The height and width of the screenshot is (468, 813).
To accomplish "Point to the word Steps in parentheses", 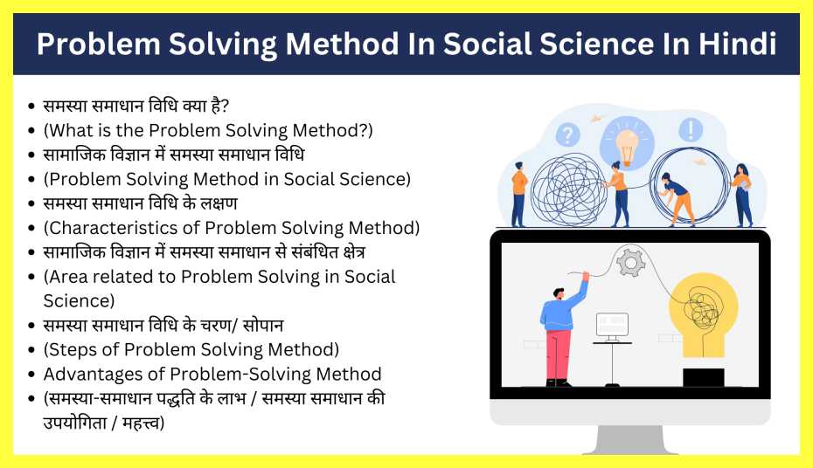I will point(73,350).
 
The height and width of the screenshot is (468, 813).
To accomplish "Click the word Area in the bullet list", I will point(72,277).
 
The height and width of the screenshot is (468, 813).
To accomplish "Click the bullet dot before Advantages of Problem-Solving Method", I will point(31,375).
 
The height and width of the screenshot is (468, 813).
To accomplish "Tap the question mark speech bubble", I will point(568,134).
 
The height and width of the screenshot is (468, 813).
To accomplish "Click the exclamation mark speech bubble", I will point(691,130).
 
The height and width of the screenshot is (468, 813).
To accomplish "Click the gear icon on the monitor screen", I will point(630,261).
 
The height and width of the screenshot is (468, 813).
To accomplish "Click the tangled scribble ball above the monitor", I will point(569,189).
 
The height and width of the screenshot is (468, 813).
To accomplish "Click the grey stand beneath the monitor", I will point(629,439).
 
